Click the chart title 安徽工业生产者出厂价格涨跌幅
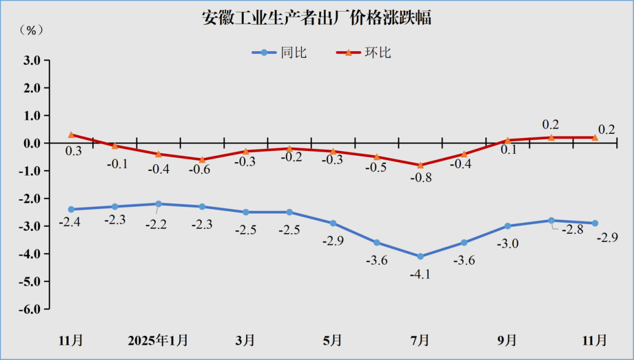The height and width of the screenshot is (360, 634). pyautogui.click(x=316, y=18)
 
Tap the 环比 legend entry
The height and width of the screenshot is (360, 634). pyautogui.click(x=364, y=53)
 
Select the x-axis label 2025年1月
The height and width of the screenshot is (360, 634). pyautogui.click(x=158, y=341)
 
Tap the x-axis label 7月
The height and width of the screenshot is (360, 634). pyautogui.click(x=420, y=341)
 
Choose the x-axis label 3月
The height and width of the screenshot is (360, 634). pyautogui.click(x=245, y=341)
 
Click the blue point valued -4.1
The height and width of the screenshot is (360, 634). pyautogui.click(x=420, y=257)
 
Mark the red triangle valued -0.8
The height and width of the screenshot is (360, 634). pyautogui.click(x=420, y=165)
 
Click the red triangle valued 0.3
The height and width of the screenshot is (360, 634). pyautogui.click(x=71, y=134)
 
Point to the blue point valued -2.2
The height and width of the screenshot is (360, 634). pyautogui.click(x=158, y=204)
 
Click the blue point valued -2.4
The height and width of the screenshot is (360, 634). pyautogui.click(x=71, y=209)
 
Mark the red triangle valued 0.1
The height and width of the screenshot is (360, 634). pyautogui.click(x=508, y=140)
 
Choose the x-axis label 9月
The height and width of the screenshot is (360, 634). pyautogui.click(x=507, y=341)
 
